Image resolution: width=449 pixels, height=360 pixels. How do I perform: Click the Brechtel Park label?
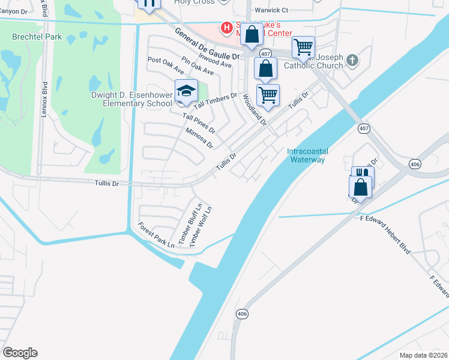(x=29, y=37)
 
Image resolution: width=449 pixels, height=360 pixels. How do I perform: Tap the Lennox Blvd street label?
(x=44, y=98)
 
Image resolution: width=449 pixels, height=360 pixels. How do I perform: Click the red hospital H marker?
(x=226, y=27)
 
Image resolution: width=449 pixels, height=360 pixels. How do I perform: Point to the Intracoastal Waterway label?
(x=306, y=155)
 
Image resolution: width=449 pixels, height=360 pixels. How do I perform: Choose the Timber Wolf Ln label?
(x=201, y=226)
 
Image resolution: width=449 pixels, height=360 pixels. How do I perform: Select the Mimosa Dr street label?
(x=199, y=138)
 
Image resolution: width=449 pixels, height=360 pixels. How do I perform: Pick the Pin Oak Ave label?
(x=197, y=67)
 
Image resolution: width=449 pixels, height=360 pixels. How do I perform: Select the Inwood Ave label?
(x=215, y=61)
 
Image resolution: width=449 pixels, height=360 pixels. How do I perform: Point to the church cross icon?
(x=352, y=60)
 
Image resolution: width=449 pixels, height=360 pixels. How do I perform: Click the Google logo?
(x=20, y=353)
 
